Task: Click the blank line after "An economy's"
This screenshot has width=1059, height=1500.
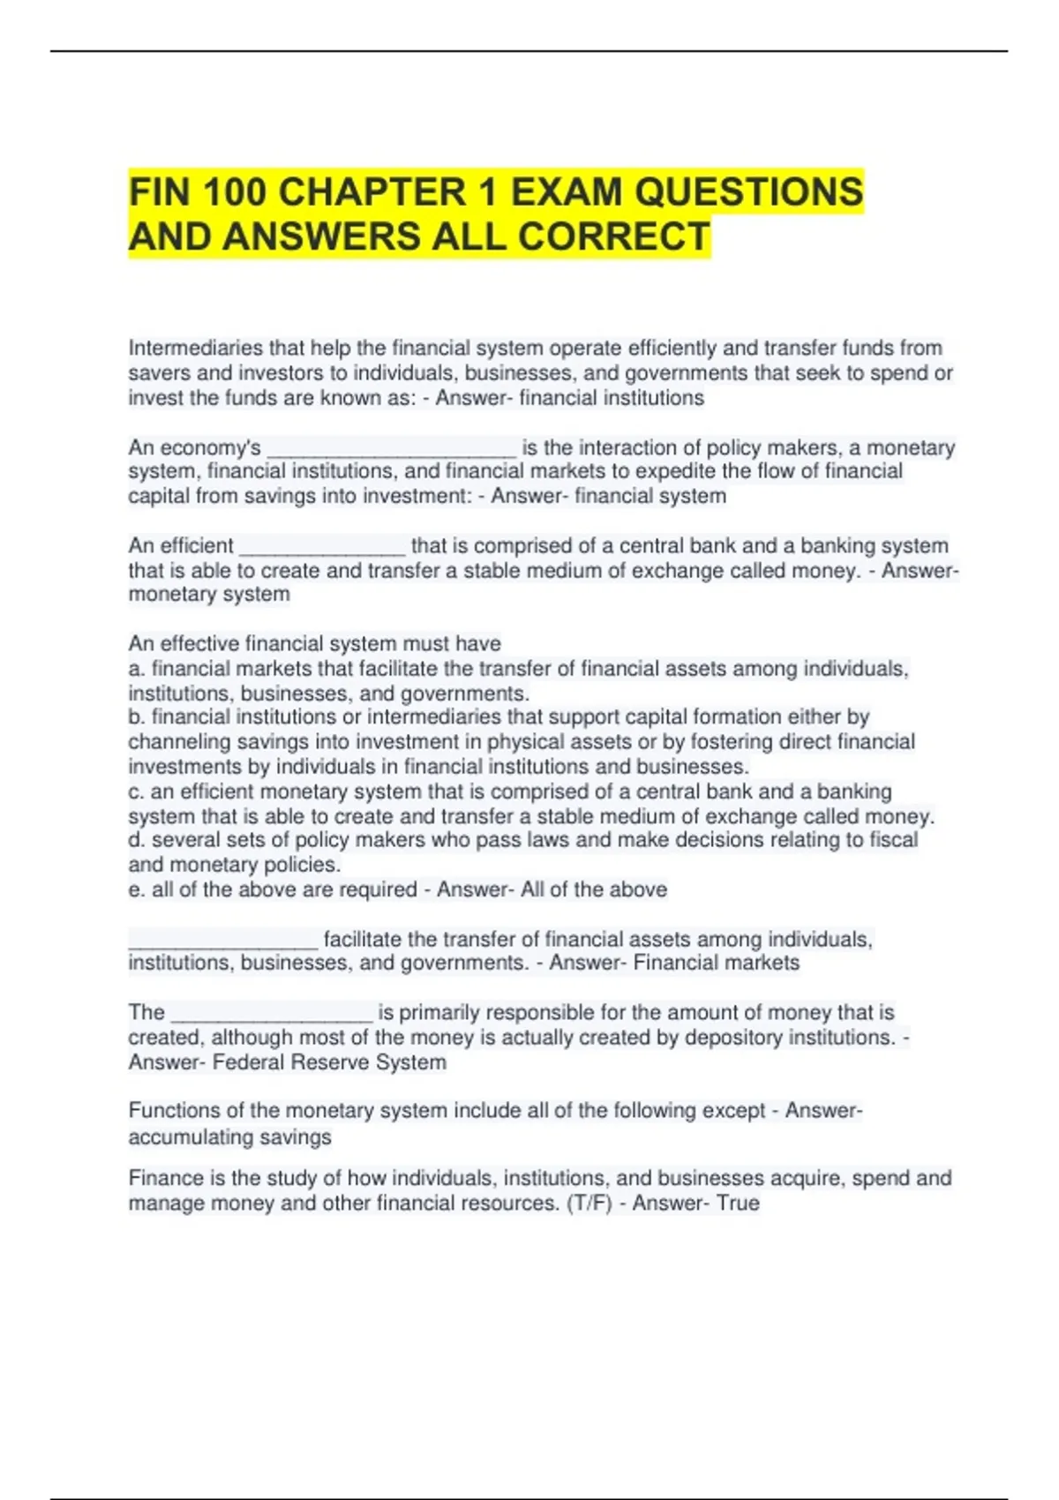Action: point(391,450)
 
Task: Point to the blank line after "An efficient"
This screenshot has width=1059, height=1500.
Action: point(322,548)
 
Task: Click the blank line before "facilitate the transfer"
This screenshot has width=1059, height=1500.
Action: point(222,941)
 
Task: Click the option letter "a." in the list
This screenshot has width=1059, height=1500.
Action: point(137,669)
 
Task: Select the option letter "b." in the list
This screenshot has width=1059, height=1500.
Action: point(137,716)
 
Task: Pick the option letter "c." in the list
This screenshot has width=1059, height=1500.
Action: point(137,791)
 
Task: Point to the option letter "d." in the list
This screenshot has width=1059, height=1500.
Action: point(137,839)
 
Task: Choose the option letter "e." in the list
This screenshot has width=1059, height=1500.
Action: point(137,889)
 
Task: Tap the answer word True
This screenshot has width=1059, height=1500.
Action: point(738,1203)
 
